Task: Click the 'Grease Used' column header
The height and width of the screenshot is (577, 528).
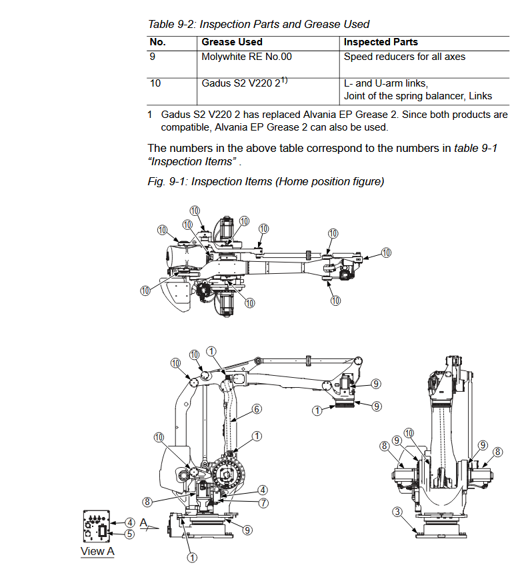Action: click(x=232, y=42)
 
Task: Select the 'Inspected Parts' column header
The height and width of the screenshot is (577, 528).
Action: click(x=381, y=42)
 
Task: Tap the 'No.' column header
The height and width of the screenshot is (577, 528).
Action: click(x=157, y=42)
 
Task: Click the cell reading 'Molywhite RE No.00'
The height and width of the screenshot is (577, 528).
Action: click(x=247, y=57)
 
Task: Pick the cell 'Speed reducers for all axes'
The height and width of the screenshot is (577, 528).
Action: click(x=404, y=57)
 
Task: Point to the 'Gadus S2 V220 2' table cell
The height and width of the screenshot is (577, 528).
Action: click(x=244, y=83)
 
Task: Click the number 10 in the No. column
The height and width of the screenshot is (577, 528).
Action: click(x=155, y=83)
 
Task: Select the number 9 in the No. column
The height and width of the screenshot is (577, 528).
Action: click(x=153, y=57)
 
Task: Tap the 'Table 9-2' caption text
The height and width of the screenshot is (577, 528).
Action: click(x=171, y=24)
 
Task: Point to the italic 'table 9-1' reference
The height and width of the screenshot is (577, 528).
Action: click(x=475, y=148)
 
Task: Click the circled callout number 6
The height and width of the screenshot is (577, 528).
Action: click(x=257, y=409)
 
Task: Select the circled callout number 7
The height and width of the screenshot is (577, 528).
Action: click(x=263, y=502)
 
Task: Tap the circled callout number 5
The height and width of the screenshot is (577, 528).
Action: click(x=129, y=534)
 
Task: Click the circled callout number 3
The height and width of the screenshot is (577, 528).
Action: click(x=397, y=512)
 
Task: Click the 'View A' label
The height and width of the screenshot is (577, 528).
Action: click(x=97, y=551)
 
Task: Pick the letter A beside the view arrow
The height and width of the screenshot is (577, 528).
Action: click(x=143, y=522)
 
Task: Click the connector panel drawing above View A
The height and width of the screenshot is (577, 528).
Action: click(x=97, y=526)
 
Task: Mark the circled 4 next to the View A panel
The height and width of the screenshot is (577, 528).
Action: click(x=129, y=522)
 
